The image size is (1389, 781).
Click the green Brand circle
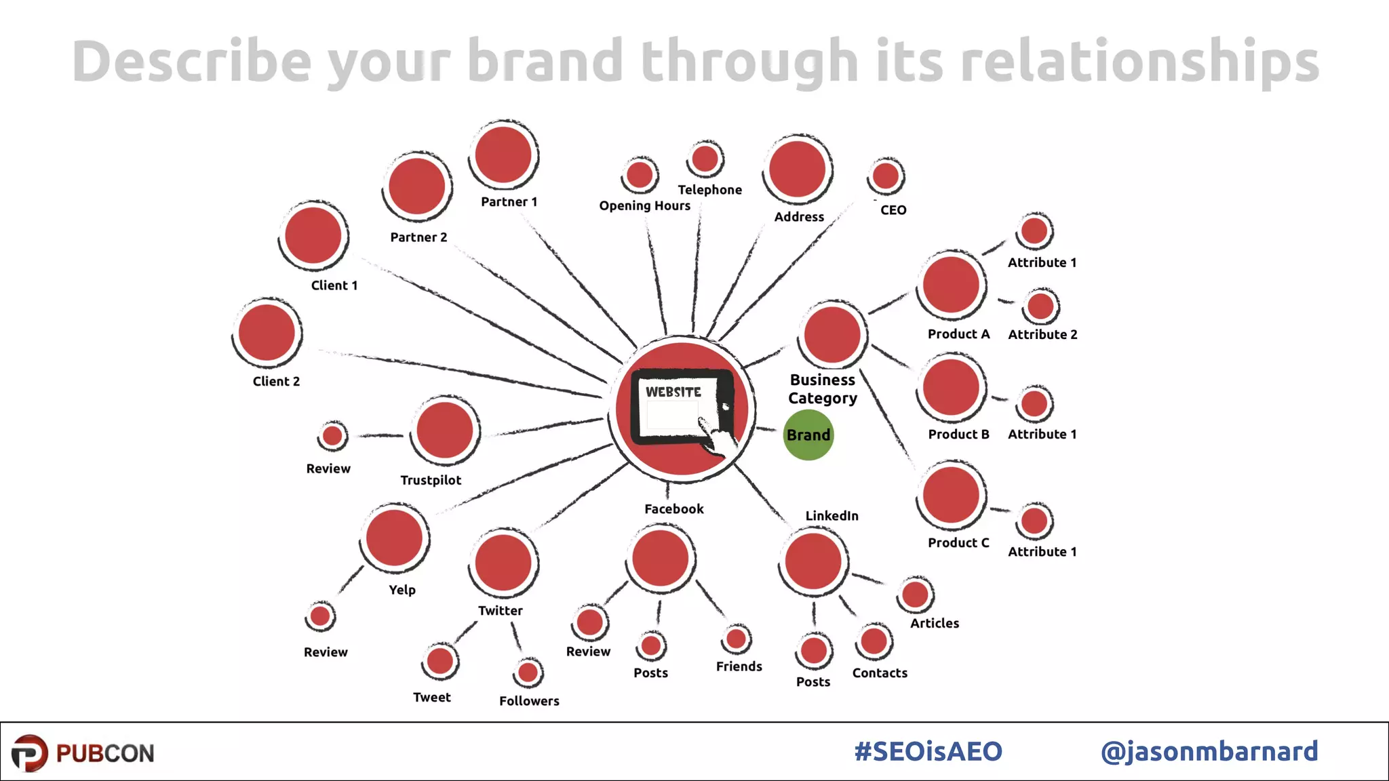tap(808, 435)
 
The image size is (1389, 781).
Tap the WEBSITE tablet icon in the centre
tap(682, 407)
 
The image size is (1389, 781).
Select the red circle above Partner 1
tap(503, 155)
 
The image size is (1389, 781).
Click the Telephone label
tap(709, 190)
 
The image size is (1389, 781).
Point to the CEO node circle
tap(885, 176)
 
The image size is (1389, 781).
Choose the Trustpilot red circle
tap(444, 430)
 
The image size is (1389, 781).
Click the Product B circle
tap(951, 387)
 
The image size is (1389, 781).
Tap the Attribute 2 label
tap(1042, 334)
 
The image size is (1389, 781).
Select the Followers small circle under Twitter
tap(528, 673)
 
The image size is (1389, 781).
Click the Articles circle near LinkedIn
tap(915, 595)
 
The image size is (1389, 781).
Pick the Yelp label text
tap(402, 590)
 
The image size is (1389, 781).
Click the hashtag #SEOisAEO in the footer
tap(928, 751)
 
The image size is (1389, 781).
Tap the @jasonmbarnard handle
tap(1209, 751)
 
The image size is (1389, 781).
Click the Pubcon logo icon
tap(30, 753)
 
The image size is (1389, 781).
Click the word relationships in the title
tap(1139, 62)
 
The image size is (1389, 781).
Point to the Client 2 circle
tap(267, 333)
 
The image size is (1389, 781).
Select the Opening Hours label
tap(644, 205)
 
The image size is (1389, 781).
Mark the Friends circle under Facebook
tap(736, 639)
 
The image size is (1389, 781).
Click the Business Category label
tap(823, 389)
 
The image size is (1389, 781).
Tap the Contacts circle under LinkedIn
tap(874, 641)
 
